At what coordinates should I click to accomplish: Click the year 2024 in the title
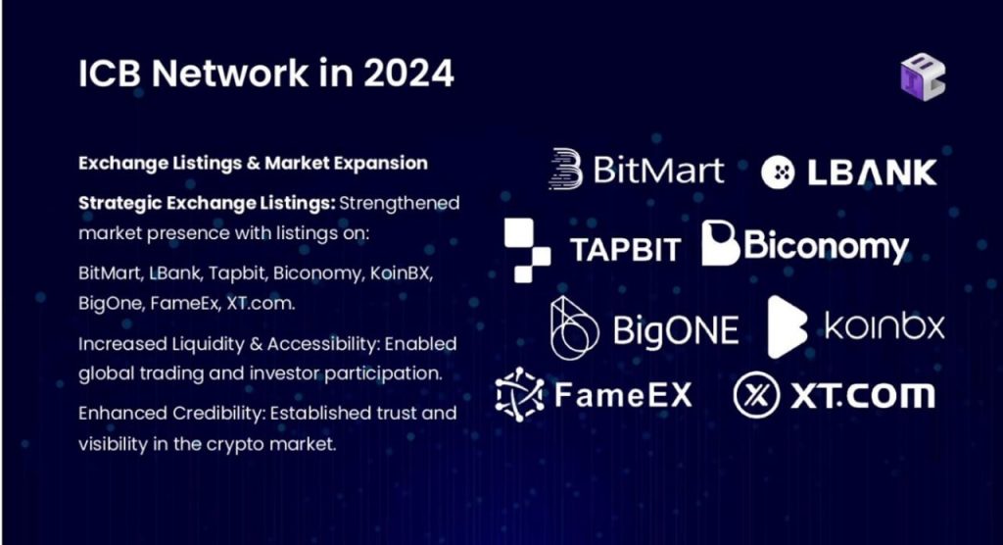click(x=408, y=73)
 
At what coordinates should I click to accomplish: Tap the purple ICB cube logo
click(x=923, y=76)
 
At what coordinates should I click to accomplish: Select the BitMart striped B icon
click(x=565, y=169)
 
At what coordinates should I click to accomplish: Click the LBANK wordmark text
click(x=872, y=173)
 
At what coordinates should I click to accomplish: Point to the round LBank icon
click(x=778, y=173)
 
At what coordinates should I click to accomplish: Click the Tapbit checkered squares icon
click(x=527, y=250)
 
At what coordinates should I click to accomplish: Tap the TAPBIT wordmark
click(x=625, y=250)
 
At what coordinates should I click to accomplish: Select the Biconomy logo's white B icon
click(x=720, y=243)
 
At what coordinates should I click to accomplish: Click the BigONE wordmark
click(x=676, y=329)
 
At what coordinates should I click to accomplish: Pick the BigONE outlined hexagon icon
click(x=574, y=328)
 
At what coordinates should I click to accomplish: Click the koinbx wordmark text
click(x=884, y=326)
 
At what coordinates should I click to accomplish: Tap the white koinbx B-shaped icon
click(x=787, y=326)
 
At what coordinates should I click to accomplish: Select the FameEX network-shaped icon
click(x=519, y=394)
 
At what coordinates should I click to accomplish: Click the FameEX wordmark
click(x=623, y=394)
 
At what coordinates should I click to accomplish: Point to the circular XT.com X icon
click(x=756, y=395)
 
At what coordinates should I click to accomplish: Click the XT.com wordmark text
click(x=863, y=395)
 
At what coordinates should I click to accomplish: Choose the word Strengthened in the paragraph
click(x=400, y=204)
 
